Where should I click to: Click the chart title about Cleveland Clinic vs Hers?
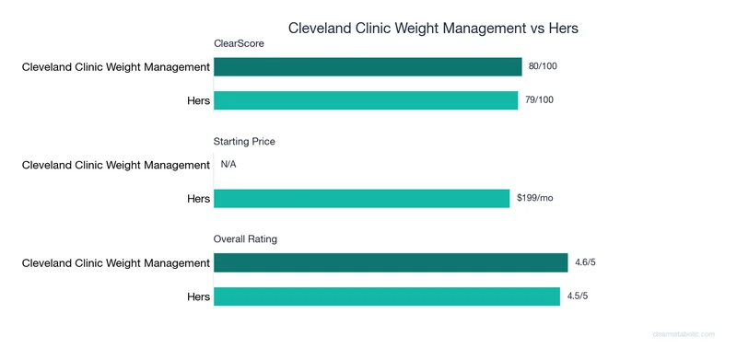tap(433, 28)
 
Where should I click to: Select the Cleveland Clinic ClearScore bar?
tap(368, 66)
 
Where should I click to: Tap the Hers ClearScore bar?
tap(366, 99)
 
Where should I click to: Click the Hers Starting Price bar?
tap(361, 198)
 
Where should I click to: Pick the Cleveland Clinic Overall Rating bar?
tap(391, 263)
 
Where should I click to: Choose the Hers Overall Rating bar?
tap(387, 296)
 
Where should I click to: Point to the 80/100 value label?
tap(544, 66)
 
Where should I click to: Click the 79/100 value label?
tap(540, 99)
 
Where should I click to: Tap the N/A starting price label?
tap(228, 165)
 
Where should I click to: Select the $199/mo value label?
tap(534, 198)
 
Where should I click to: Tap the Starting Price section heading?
tap(244, 142)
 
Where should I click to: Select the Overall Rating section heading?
tap(245, 239)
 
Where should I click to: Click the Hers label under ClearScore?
tap(197, 99)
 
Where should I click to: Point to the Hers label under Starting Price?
tap(197, 198)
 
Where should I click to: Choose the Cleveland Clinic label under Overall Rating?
tap(116, 263)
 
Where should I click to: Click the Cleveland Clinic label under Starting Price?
tap(116, 165)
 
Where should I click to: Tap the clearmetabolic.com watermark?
tap(688, 335)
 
